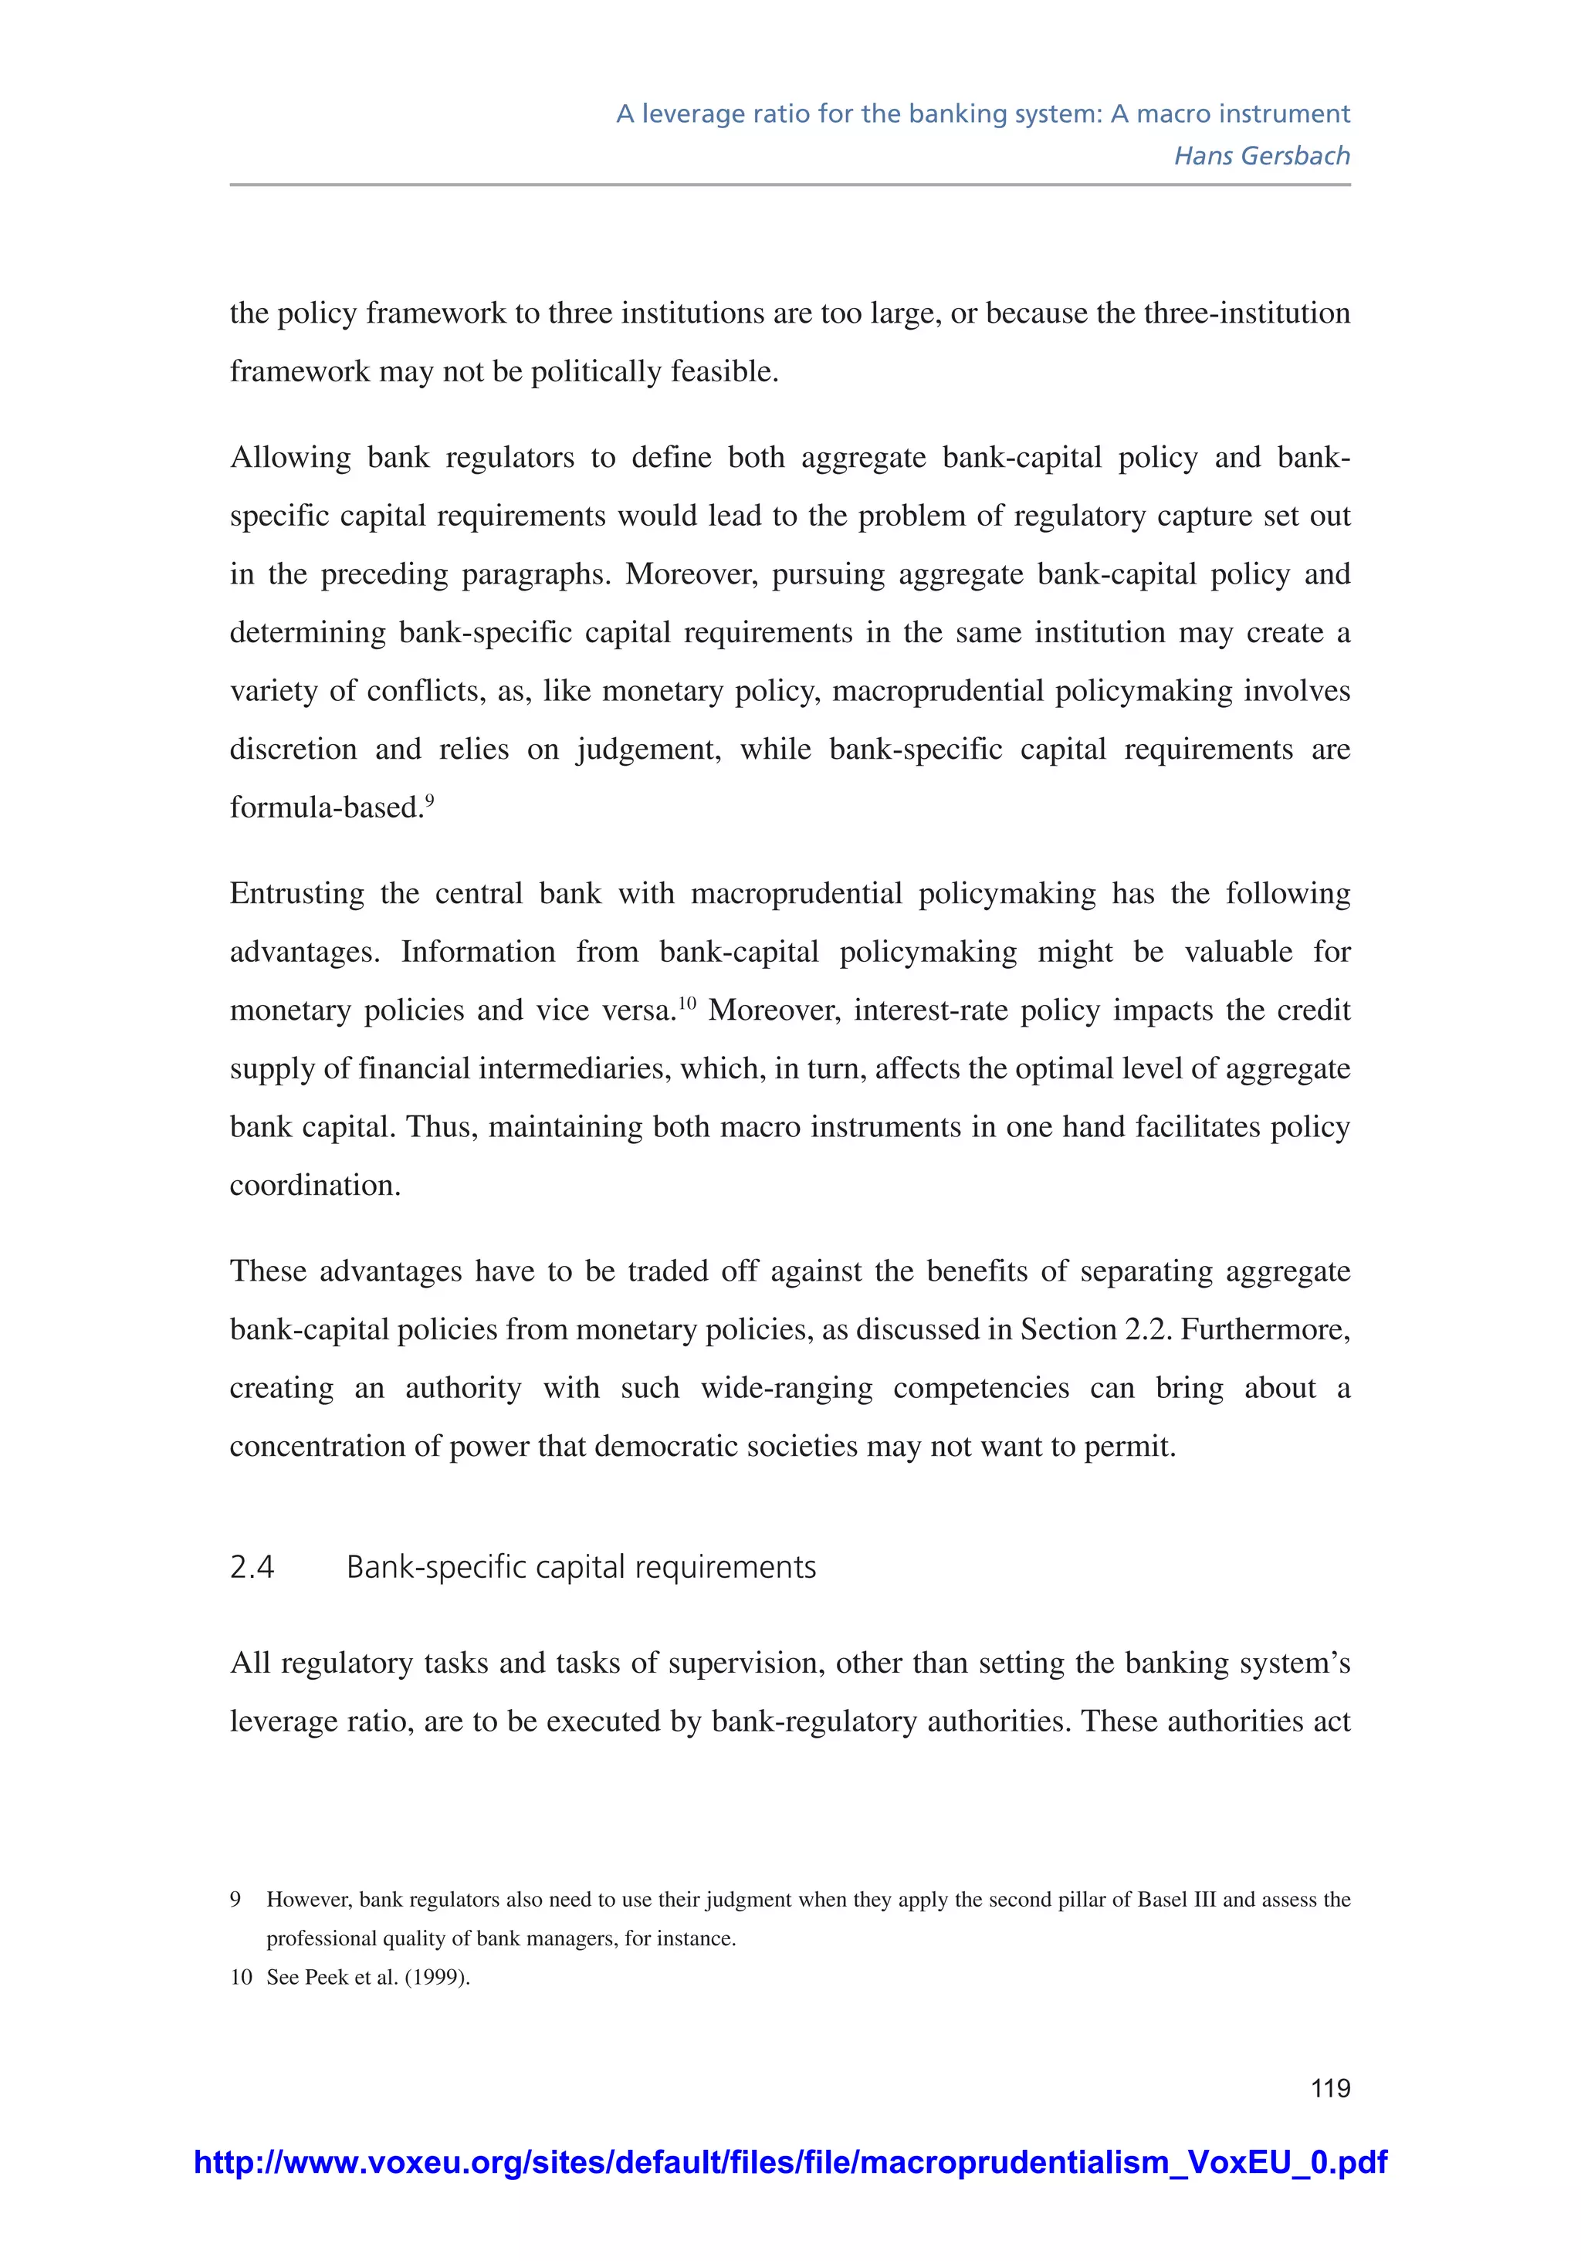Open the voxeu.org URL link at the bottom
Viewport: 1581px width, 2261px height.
[790, 2161]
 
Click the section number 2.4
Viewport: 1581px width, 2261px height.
[252, 1567]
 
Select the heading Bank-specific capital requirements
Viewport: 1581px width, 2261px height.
[581, 1567]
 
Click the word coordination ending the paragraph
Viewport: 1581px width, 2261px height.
[313, 1185]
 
